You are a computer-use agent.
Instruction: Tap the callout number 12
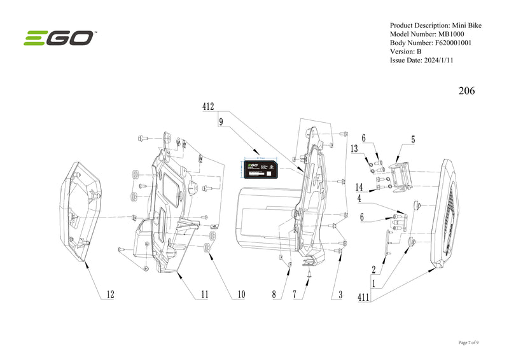point(110,294)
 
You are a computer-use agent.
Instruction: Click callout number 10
point(241,294)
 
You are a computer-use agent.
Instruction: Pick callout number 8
point(274,294)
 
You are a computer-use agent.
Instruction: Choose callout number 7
point(295,294)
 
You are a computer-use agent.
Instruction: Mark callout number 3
point(340,294)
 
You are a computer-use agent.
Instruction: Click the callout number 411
point(365,297)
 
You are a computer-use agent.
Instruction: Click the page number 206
point(466,91)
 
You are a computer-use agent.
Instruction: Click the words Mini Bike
point(467,25)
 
